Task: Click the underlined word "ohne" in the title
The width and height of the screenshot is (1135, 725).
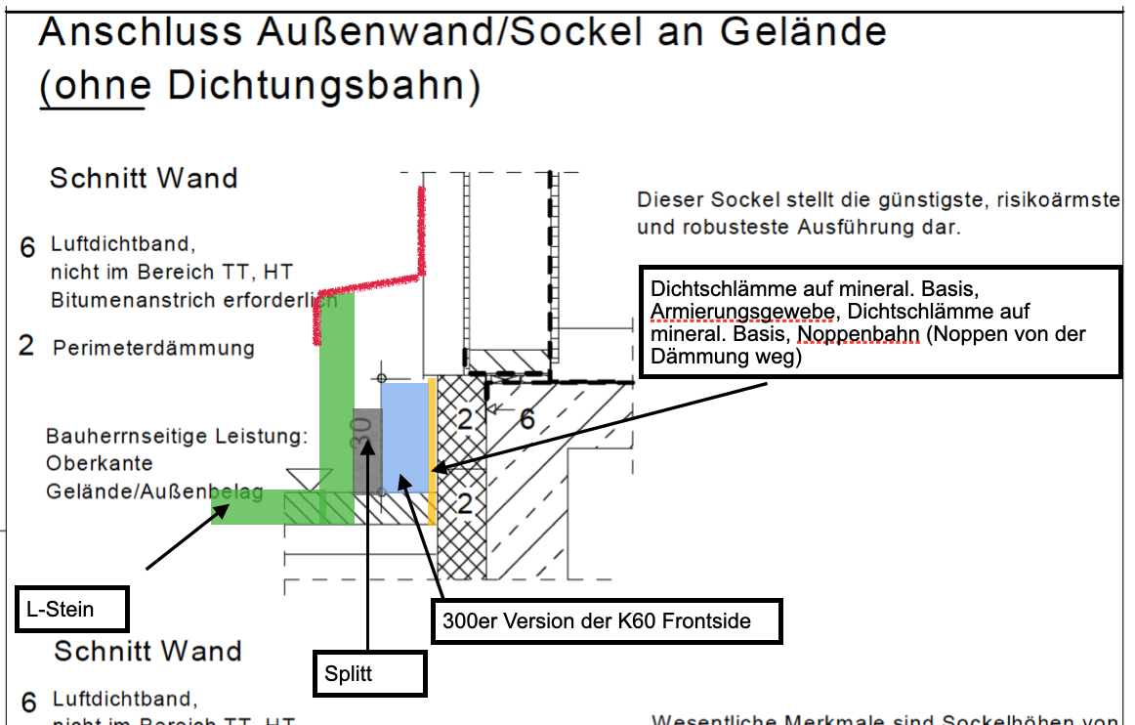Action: click(x=95, y=86)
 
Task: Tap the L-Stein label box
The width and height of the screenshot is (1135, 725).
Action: click(x=72, y=610)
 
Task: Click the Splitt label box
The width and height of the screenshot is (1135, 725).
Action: click(x=369, y=674)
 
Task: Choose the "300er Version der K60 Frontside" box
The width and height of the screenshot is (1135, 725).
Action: click(x=606, y=620)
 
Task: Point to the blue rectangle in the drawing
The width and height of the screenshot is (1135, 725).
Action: click(x=404, y=435)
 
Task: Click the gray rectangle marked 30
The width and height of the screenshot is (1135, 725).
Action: click(x=365, y=449)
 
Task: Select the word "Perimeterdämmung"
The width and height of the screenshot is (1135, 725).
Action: click(x=153, y=348)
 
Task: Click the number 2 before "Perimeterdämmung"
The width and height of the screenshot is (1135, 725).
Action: click(x=27, y=346)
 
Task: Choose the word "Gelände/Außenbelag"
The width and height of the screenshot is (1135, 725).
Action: click(x=154, y=491)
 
